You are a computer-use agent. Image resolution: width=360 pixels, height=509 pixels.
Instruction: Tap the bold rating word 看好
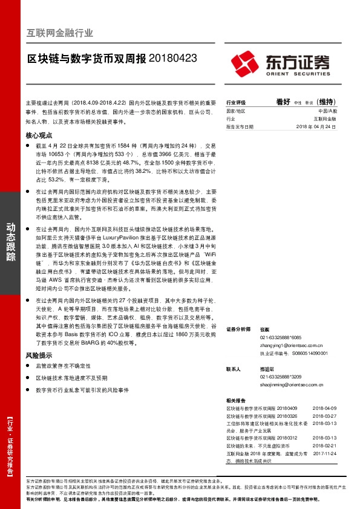tap(284, 102)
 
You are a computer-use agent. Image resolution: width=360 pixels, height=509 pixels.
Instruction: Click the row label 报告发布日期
tap(240, 127)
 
